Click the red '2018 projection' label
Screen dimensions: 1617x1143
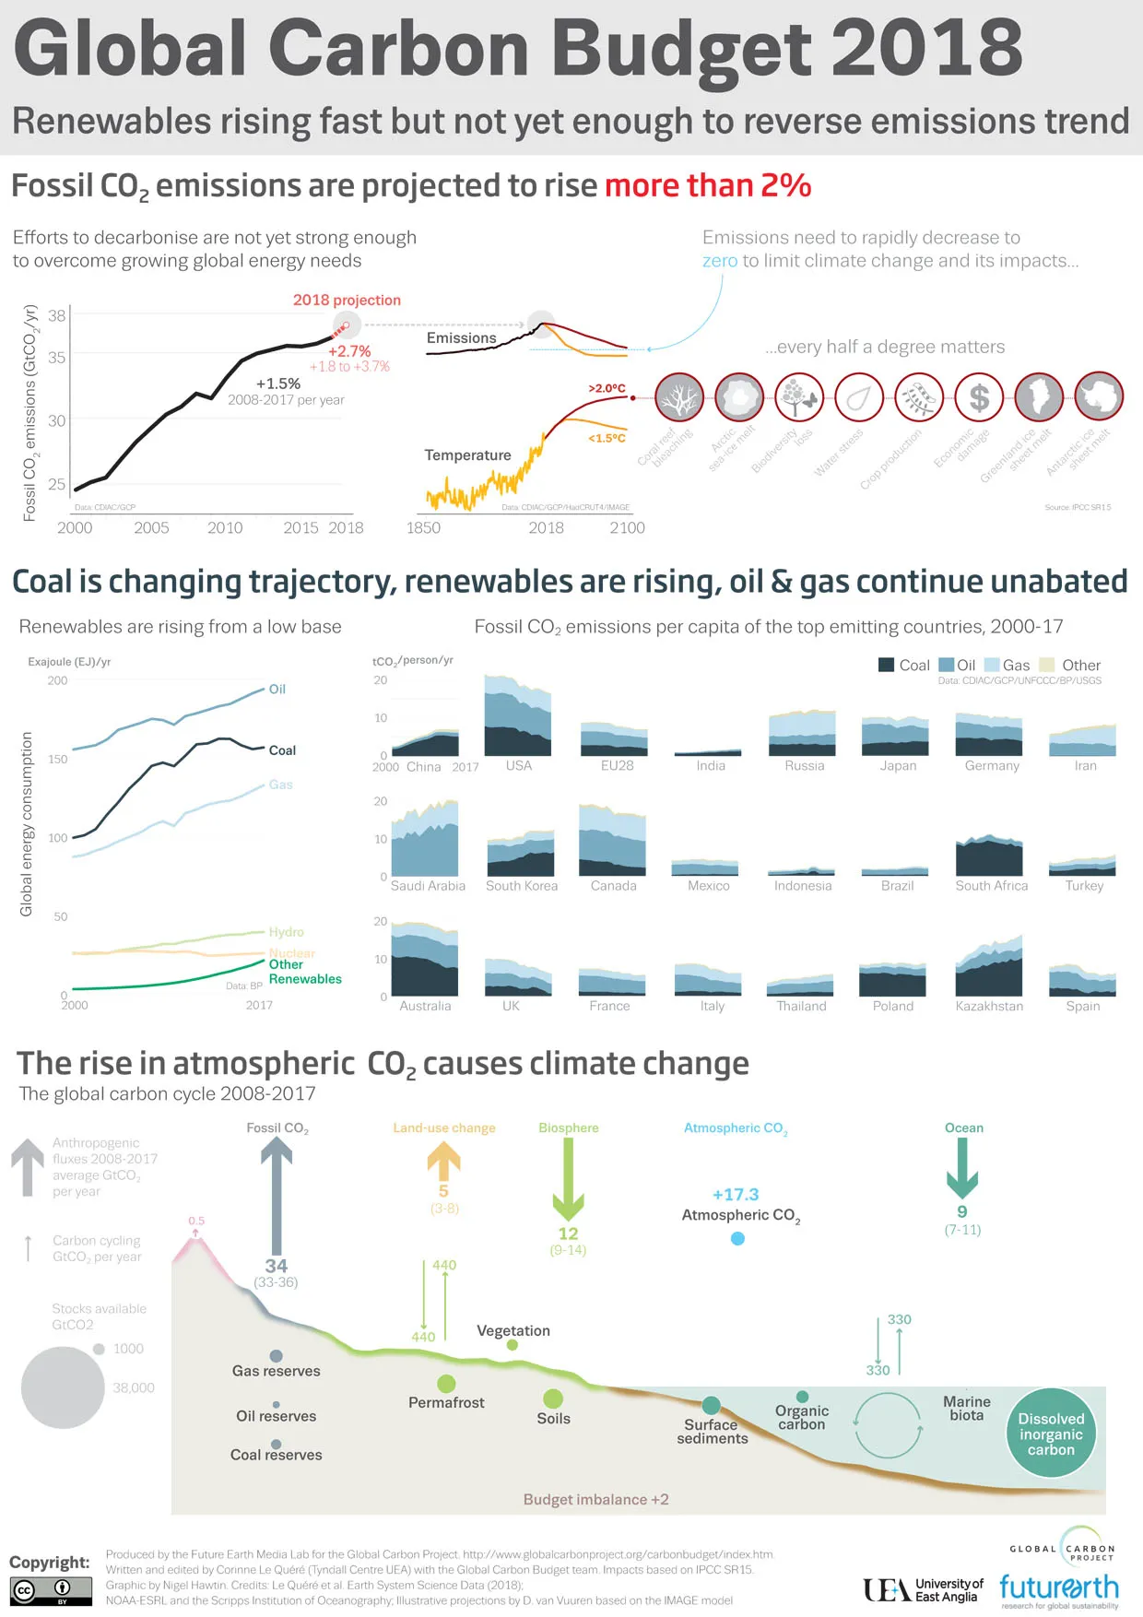[x=347, y=301]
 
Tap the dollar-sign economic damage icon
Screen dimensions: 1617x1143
[x=979, y=397]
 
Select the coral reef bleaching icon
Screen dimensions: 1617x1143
[x=679, y=397]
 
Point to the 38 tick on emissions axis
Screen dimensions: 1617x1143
[x=57, y=316]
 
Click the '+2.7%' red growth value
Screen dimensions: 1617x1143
[x=349, y=351]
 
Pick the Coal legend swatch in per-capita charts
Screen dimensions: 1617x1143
[x=887, y=665]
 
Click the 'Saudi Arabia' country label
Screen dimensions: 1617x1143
[x=428, y=886]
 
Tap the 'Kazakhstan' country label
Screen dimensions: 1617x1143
[x=989, y=1006]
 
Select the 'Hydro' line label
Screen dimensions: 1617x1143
[x=286, y=932]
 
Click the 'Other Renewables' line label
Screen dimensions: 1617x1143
[x=304, y=972]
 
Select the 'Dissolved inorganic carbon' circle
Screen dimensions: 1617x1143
[x=1051, y=1434]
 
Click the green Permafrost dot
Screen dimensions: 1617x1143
[x=446, y=1384]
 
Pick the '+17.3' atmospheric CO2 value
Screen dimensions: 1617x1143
[x=736, y=1195]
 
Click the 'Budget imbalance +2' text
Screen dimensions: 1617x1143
[x=595, y=1500]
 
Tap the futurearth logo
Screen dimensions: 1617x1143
[x=1058, y=1588]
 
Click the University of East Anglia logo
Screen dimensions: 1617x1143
[x=923, y=1589]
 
